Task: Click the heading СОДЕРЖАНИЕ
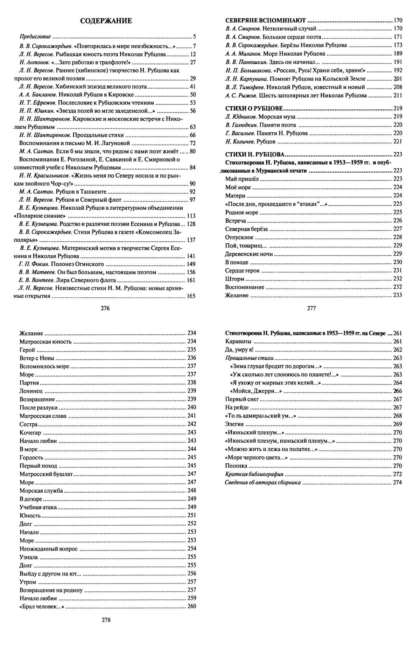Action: tap(106, 21)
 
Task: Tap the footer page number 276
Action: tap(105, 308)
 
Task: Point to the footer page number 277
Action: tap(311, 308)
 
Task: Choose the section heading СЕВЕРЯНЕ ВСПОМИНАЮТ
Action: tap(266, 20)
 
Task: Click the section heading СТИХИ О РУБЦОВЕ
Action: tap(254, 108)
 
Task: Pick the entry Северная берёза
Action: tap(246, 229)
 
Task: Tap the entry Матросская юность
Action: tap(45, 341)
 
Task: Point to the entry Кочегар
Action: tap(30, 432)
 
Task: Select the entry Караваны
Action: tap(238, 341)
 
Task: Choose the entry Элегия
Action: tap(234, 424)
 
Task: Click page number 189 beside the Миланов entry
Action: tap(398, 54)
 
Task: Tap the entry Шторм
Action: tap(235, 279)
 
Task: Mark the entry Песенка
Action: tap(236, 466)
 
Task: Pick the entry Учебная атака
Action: tap(38, 507)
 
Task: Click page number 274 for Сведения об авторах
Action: tap(398, 483)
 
